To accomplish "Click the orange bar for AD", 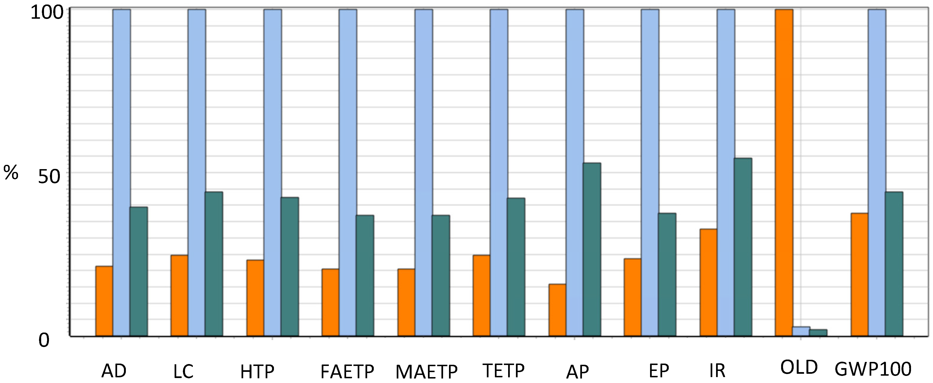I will (104, 301).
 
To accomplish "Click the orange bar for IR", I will (709, 283).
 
